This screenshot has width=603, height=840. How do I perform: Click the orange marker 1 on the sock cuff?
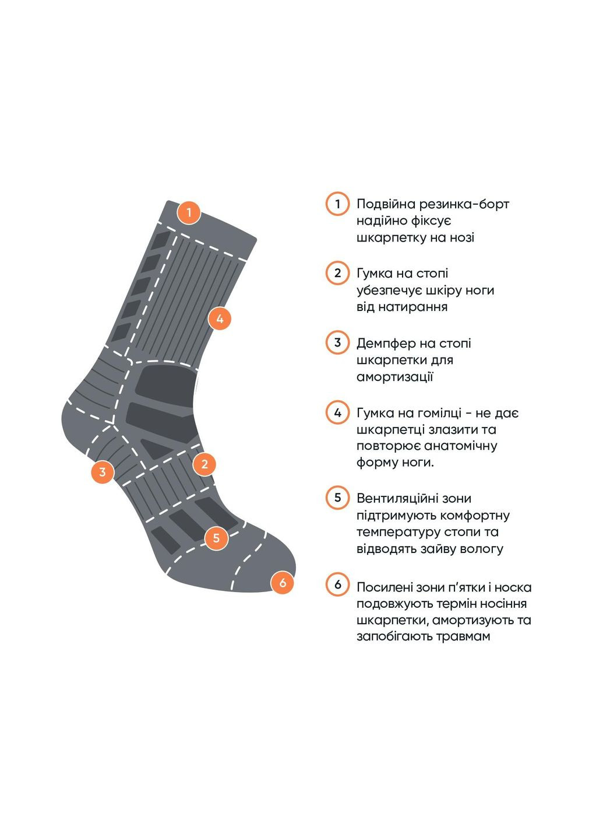coord(189,213)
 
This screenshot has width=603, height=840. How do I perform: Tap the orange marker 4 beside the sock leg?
coord(220,318)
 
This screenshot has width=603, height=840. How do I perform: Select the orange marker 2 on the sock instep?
coord(204,464)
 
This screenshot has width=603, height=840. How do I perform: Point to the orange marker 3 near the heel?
coord(103,471)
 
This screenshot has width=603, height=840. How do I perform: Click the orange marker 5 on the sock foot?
coord(216,537)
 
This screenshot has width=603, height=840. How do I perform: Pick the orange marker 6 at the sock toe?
coord(283,582)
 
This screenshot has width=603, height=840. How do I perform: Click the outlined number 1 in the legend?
coord(337,204)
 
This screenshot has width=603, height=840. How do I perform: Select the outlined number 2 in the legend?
coord(337,273)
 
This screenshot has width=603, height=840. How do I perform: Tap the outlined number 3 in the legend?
coord(337,342)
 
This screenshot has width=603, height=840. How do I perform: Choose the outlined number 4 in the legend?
coord(337,413)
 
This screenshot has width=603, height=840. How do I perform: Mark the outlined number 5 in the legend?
coord(337,498)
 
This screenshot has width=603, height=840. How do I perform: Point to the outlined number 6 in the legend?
coord(337,584)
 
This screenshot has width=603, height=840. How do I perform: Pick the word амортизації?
coord(394,377)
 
